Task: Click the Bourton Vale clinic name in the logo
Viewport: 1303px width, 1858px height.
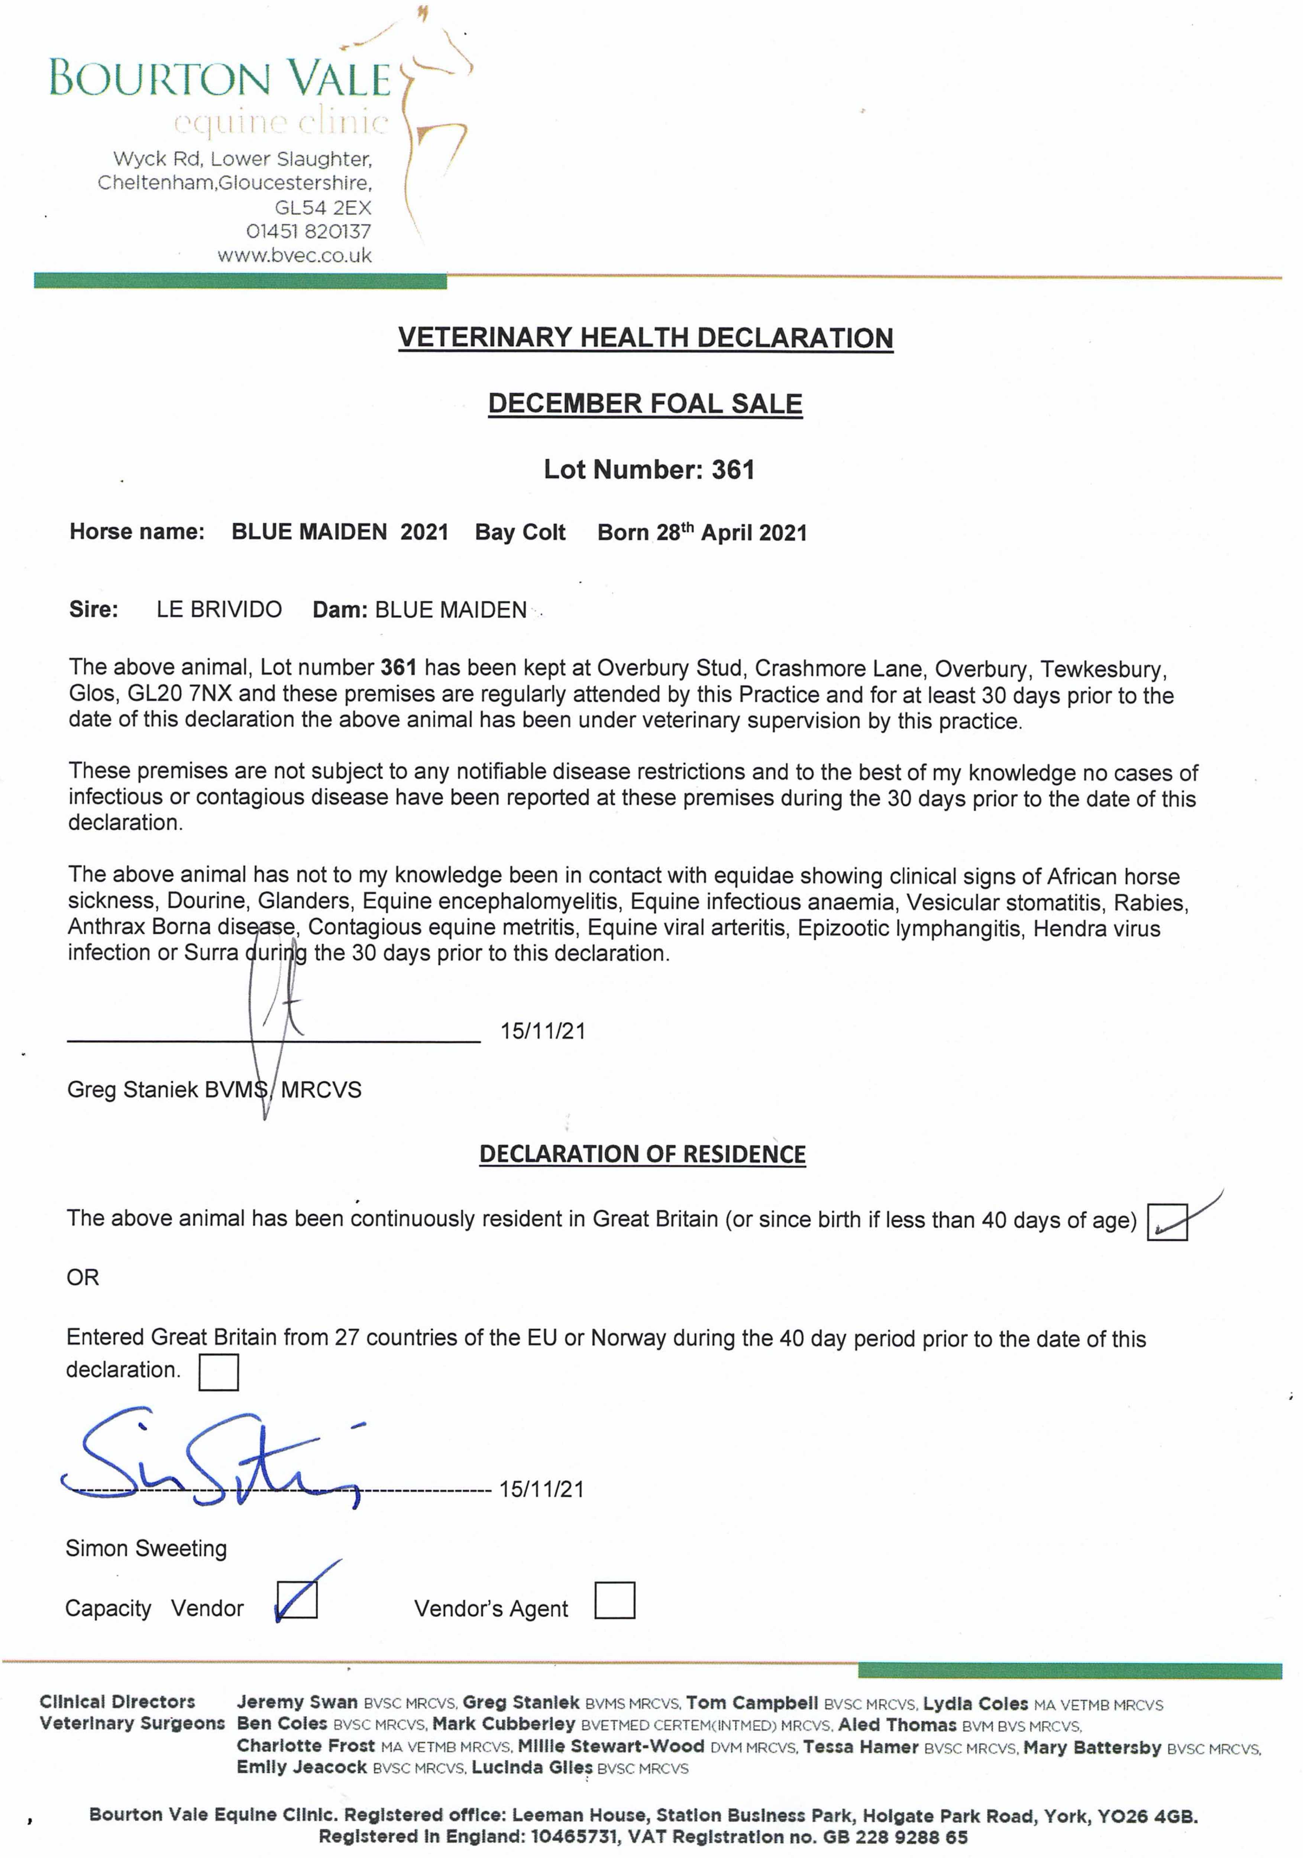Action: point(220,78)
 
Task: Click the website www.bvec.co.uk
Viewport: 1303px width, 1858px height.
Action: point(295,256)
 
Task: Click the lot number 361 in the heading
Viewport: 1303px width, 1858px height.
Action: point(733,469)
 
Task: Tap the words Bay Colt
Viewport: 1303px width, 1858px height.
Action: point(520,533)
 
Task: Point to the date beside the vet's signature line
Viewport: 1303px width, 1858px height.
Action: point(542,1031)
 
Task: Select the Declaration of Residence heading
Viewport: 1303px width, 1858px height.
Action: point(643,1154)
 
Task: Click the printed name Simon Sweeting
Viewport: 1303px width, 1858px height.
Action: point(146,1548)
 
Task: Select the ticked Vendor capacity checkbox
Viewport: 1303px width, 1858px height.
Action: point(297,1600)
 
